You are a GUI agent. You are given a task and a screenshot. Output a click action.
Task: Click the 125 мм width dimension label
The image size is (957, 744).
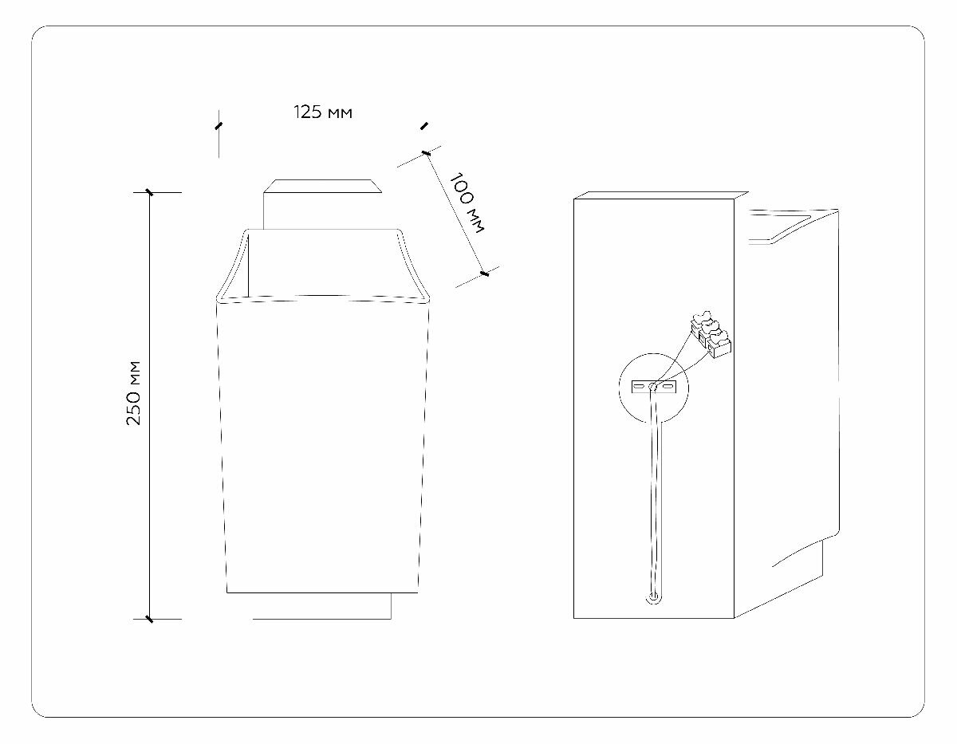[323, 112]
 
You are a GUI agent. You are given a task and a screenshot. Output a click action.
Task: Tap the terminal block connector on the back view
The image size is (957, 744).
[711, 333]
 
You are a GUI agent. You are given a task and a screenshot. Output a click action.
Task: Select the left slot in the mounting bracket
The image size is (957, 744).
[640, 387]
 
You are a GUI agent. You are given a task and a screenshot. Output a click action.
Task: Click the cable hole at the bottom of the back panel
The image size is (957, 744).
[654, 596]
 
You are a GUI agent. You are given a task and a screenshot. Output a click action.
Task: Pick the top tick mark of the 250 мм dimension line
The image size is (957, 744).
[148, 192]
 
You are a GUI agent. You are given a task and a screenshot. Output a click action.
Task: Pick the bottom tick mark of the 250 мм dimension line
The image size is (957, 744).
[148, 618]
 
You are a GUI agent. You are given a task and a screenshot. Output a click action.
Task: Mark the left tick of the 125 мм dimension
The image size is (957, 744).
[219, 125]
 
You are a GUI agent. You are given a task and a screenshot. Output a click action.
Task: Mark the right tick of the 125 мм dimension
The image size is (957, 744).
[423, 125]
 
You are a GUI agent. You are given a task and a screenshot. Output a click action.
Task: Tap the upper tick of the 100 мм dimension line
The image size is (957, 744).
[426, 152]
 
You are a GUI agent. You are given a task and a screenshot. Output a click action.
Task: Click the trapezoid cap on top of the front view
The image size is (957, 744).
[322, 187]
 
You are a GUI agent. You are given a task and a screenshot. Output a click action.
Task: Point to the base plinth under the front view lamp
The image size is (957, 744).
[322, 605]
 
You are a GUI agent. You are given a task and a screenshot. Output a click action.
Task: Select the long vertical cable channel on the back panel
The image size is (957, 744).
[655, 494]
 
